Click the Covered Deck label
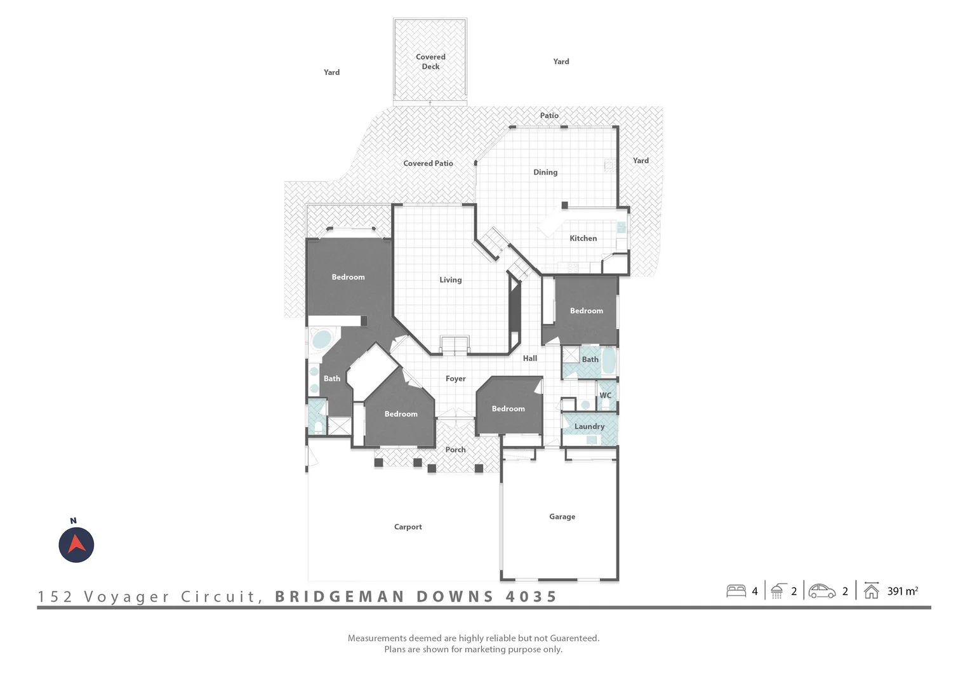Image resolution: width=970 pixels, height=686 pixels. tap(430, 62)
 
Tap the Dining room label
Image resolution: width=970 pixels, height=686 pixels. tap(545, 172)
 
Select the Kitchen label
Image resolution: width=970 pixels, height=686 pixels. tap(583, 238)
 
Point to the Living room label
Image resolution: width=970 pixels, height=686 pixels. tap(450, 280)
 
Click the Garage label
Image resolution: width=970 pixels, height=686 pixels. tap(562, 516)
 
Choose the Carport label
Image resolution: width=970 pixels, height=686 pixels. tap(408, 527)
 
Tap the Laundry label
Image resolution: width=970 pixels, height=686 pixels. tap(589, 426)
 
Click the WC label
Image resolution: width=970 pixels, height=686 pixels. tap(606, 395)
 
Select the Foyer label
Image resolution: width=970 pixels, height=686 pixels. tap(456, 379)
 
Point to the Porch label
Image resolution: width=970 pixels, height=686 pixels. tap(456, 450)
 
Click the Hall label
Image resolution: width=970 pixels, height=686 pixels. tap(530, 358)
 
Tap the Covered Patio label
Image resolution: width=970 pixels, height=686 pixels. tap(428, 163)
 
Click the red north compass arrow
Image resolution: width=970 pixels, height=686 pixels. tap(76, 544)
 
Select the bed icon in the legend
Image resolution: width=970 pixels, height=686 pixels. tap(736, 591)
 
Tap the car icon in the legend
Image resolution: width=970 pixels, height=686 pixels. tap(822, 591)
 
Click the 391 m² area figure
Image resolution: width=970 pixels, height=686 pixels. tap(903, 591)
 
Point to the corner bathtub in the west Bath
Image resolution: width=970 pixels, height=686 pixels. tap(321, 339)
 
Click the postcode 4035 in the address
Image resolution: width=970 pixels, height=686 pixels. tap(531, 596)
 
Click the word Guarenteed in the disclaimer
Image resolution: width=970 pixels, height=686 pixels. tap(575, 638)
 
